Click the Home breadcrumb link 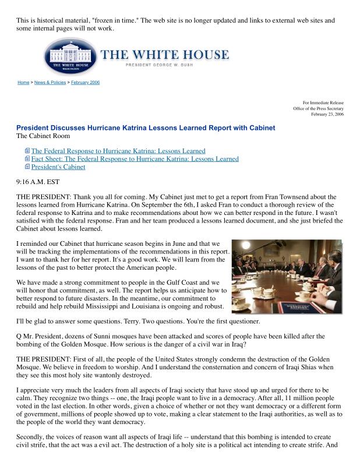point(23,83)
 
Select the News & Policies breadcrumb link point(50,83)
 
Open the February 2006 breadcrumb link point(86,83)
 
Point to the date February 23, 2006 point(327,114)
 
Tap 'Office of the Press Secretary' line point(318,108)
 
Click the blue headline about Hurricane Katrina point(146,128)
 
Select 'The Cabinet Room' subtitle point(44,136)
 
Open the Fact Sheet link point(135,158)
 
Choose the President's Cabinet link point(58,167)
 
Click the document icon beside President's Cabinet point(27,167)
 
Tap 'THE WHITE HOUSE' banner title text point(165,55)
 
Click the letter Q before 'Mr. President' point(19,336)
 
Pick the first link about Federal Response point(118,151)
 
